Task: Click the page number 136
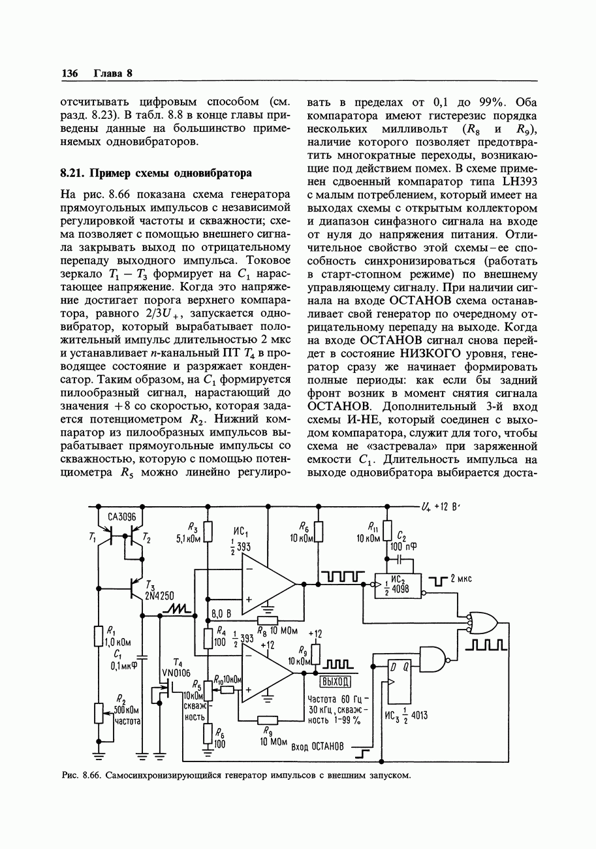(69, 73)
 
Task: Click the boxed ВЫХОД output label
(336, 682)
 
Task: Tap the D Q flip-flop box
(400, 683)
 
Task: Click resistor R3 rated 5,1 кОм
(208, 532)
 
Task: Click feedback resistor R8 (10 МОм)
(268, 620)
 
